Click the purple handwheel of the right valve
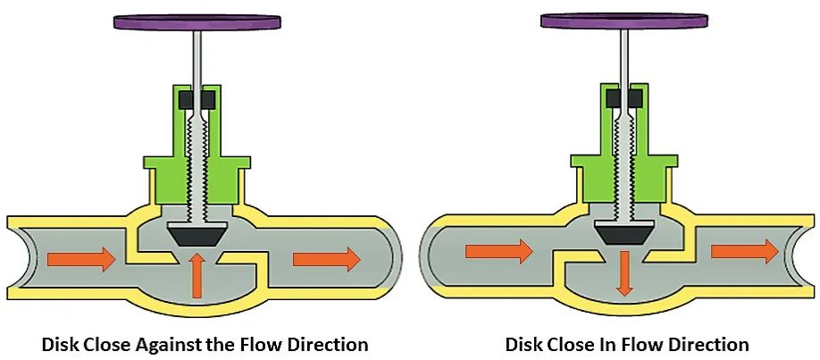click(x=623, y=20)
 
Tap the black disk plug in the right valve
click(x=624, y=234)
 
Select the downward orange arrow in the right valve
click(x=624, y=273)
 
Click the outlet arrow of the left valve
click(x=326, y=259)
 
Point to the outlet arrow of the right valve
click(x=745, y=252)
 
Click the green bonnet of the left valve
click(x=161, y=179)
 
